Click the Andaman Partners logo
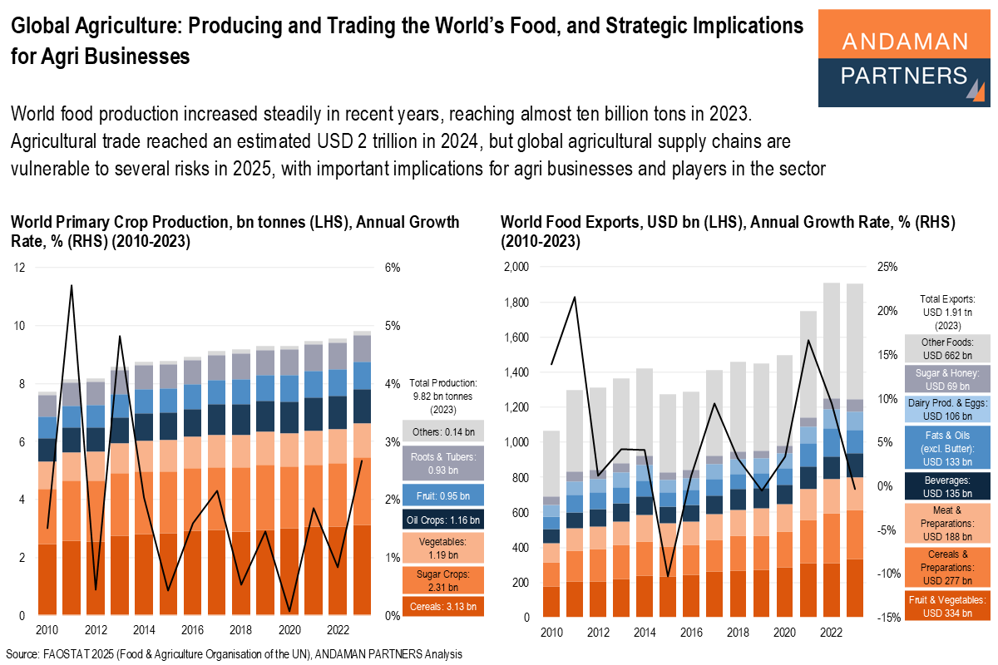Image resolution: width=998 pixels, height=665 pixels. point(904,58)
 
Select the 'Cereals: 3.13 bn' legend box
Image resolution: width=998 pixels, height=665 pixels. point(443,607)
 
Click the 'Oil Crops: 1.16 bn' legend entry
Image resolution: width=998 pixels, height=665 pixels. point(443,520)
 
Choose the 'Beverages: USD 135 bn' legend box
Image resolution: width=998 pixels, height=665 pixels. point(947,485)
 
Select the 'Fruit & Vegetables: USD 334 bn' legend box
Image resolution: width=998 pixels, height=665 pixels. point(947,606)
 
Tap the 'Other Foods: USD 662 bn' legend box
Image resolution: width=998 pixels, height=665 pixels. point(947,347)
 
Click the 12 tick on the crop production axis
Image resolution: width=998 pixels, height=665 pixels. point(19,268)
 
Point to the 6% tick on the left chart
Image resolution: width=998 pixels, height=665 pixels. point(393,268)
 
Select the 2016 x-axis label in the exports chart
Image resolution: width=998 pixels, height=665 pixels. point(689,633)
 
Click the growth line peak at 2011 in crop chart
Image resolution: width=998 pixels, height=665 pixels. point(72,286)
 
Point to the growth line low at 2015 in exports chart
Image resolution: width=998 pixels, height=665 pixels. point(667,575)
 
